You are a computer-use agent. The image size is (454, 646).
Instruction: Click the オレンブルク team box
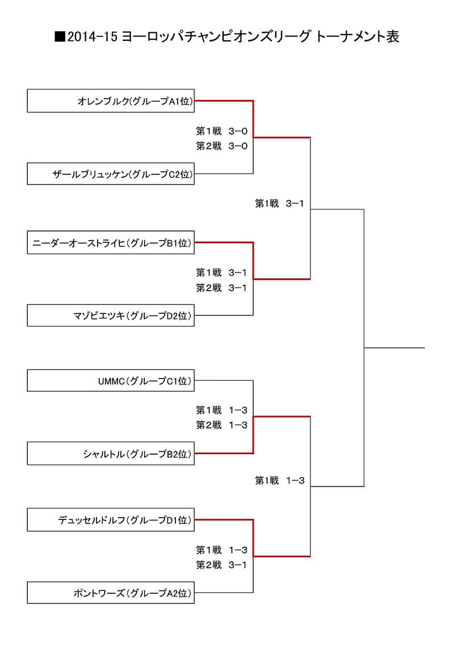111,101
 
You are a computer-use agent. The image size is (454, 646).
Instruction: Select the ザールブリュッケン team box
111,174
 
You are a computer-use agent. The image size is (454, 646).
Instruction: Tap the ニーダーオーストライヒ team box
111,243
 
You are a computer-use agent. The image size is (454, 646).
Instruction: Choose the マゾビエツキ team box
111,315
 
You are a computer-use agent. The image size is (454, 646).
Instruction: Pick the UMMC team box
111,380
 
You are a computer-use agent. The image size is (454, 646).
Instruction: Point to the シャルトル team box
111,454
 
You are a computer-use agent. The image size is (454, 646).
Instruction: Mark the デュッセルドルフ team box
111,519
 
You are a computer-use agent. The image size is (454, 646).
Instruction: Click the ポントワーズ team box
111,593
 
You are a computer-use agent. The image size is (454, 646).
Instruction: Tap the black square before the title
59,37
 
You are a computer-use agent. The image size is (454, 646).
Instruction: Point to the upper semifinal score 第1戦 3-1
280,203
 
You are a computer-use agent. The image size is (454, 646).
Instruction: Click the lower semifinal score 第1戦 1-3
280,481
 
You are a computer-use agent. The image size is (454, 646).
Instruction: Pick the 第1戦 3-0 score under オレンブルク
221,131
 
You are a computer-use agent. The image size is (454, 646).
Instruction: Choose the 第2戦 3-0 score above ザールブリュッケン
221,146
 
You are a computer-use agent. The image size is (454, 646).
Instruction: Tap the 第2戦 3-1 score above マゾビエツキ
221,288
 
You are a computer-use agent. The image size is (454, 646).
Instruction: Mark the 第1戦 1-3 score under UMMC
221,410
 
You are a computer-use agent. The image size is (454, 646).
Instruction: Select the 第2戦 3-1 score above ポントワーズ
221,564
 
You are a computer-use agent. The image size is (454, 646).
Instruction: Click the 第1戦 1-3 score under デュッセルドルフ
221,549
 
